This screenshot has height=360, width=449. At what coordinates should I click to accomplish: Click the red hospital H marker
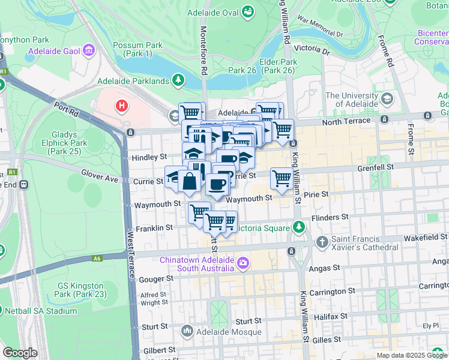coord(122,106)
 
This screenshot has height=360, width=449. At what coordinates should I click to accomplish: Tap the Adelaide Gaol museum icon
coord(89,50)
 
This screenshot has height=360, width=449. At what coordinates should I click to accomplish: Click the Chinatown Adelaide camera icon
coord(243,262)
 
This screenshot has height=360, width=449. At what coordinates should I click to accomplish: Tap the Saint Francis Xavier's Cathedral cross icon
coord(322,242)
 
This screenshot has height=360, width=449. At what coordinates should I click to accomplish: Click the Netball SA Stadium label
coord(41,311)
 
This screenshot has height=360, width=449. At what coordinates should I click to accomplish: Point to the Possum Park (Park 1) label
coord(137,50)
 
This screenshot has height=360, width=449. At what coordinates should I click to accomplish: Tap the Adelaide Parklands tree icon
coord(178,80)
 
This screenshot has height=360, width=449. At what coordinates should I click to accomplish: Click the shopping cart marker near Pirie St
coord(282,178)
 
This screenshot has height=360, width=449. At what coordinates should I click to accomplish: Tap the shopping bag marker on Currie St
coord(189,181)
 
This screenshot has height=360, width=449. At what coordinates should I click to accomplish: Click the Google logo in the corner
coord(20,353)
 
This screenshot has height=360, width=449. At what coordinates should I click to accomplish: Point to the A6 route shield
coord(97,259)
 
